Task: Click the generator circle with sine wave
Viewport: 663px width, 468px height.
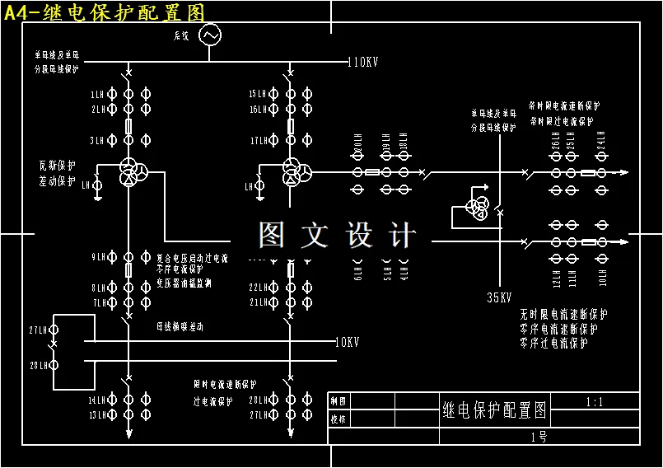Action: (x=209, y=35)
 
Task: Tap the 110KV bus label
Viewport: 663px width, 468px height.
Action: (x=362, y=63)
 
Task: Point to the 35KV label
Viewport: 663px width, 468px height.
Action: (x=500, y=298)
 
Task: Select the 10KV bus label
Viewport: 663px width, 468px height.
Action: (x=346, y=341)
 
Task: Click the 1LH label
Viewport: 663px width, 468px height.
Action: (x=98, y=95)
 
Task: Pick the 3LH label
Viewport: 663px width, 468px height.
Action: (x=98, y=140)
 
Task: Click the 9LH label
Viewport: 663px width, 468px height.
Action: (x=98, y=257)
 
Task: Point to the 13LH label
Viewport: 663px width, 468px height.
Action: (x=98, y=414)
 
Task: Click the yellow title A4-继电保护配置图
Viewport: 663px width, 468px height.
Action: (x=104, y=12)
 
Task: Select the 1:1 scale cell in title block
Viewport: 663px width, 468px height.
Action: (x=594, y=403)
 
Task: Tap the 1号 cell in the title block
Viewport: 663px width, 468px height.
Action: (x=539, y=437)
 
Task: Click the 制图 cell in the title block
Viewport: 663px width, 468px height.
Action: (x=338, y=401)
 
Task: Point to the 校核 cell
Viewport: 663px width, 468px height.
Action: (x=338, y=419)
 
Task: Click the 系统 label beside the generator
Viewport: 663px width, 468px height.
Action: (x=181, y=36)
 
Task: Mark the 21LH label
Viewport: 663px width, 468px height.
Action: (x=258, y=303)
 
